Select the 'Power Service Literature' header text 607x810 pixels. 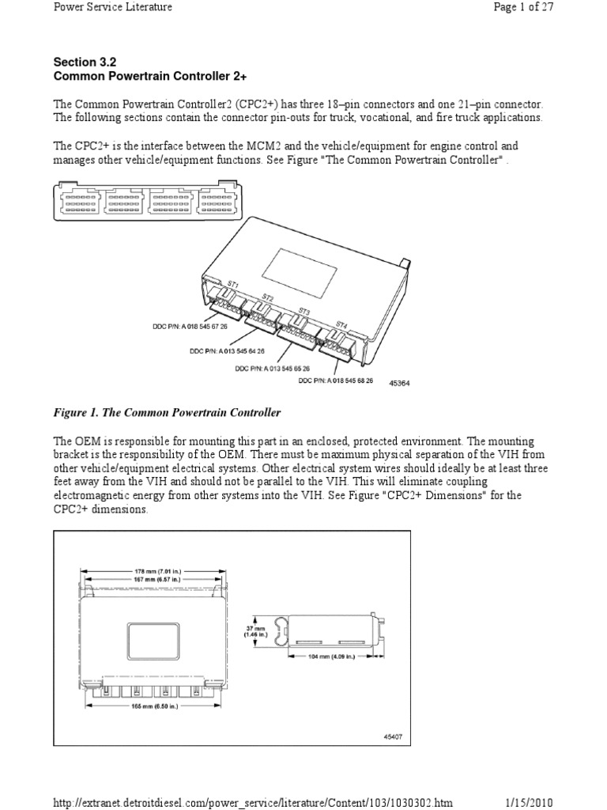[x=112, y=7]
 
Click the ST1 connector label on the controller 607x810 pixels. [x=233, y=282]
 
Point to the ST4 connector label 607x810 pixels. [x=341, y=324]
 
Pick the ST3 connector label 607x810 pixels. [x=304, y=311]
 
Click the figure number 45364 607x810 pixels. [x=401, y=384]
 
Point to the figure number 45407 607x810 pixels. [x=393, y=736]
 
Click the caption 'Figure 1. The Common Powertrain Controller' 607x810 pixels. [x=167, y=413]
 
